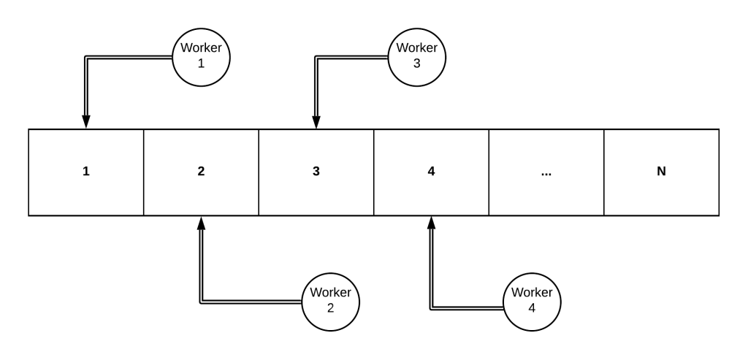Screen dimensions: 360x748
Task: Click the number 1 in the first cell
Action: point(86,172)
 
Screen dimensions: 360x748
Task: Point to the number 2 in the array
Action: point(201,172)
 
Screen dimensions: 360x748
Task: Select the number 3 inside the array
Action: point(316,172)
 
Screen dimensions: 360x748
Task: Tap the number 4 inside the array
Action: point(431,172)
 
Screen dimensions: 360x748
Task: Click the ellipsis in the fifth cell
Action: point(546,172)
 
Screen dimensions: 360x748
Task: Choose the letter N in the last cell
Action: point(662,172)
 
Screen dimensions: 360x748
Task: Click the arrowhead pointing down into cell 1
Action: point(86,123)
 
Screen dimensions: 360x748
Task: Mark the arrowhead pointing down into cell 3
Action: point(316,123)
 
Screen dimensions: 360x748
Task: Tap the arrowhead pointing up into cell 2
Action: point(201,222)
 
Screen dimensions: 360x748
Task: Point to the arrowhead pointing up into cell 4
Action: point(431,222)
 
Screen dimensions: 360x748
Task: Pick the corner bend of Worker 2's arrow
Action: point(201,300)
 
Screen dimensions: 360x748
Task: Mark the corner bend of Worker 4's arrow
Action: point(431,307)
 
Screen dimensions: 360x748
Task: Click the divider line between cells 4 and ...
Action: point(489,172)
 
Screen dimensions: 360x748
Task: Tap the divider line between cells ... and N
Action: point(604,172)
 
